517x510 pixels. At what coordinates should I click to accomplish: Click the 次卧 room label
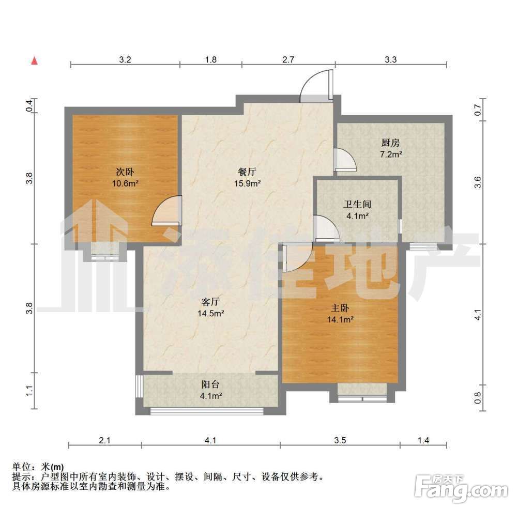[x=125, y=172]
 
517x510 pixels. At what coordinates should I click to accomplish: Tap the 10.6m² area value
[x=125, y=183]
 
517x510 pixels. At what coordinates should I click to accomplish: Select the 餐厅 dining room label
[x=247, y=172]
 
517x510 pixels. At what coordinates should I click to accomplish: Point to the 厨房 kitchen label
[x=390, y=143]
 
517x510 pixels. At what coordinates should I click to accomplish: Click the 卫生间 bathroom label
[x=357, y=204]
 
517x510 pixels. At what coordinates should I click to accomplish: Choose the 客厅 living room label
[x=210, y=301]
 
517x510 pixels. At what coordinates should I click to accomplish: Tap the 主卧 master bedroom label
[x=340, y=308]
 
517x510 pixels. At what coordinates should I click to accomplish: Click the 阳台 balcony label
[x=210, y=384]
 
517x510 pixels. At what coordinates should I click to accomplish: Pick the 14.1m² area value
[x=340, y=319]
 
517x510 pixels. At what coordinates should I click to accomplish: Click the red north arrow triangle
[x=35, y=61]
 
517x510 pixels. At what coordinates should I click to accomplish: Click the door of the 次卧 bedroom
[x=167, y=211]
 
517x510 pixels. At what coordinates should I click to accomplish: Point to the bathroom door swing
[x=326, y=227]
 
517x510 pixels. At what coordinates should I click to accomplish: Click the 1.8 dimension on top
[x=211, y=59]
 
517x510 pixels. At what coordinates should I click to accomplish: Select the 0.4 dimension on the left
[x=29, y=105]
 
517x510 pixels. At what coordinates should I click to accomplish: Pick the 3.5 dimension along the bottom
[x=340, y=440]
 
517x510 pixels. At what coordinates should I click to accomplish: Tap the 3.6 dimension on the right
[x=477, y=182]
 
